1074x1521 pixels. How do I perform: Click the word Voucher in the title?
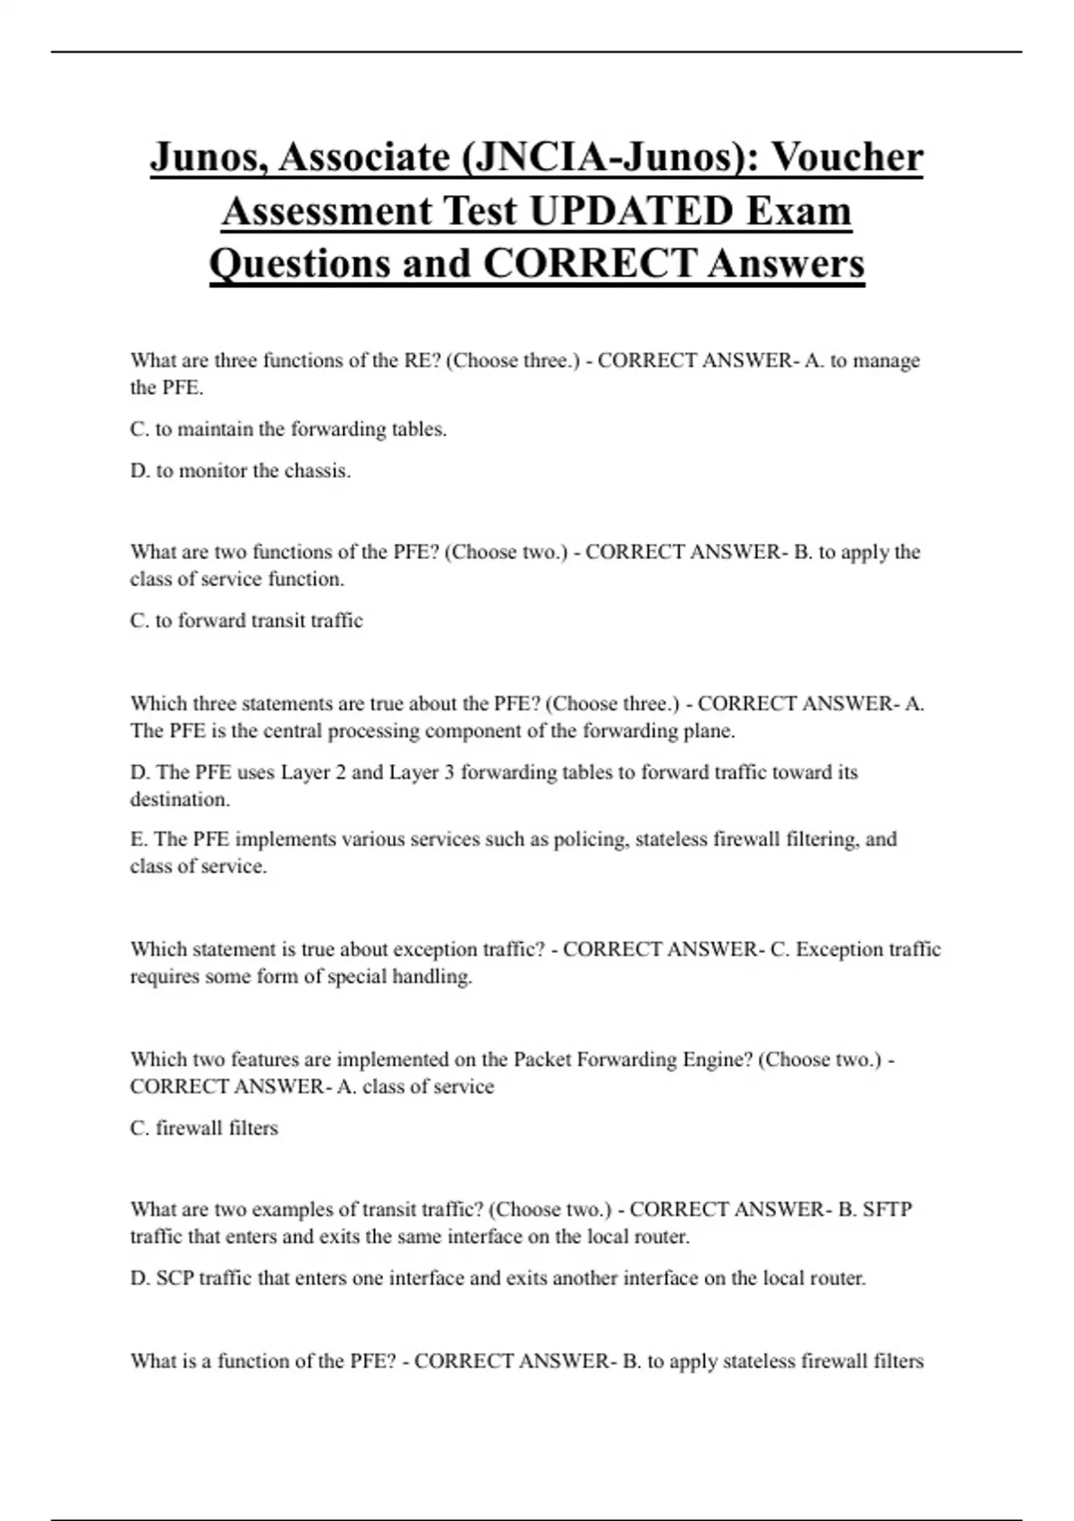(847, 157)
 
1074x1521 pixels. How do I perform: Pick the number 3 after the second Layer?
(448, 772)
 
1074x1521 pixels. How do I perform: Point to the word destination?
(179, 799)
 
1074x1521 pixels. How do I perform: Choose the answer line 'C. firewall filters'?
(204, 1128)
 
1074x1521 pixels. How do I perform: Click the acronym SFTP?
(887, 1210)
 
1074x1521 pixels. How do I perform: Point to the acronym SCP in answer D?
(175, 1279)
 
